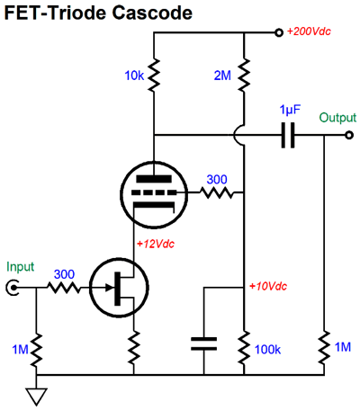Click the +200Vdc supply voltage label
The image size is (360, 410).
[309, 31]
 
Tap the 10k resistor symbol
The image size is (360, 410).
[154, 76]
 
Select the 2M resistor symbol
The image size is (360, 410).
[244, 76]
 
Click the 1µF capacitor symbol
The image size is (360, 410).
[288, 135]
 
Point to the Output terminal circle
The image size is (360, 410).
[349, 135]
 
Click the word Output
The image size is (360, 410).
[337, 118]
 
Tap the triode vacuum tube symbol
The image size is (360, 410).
[154, 195]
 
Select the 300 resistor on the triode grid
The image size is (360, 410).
[217, 192]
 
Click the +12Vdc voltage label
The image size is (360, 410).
[156, 244]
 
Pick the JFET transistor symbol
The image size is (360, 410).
[119, 288]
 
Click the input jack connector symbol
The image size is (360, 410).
[13, 288]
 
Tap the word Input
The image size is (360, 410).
[21, 267]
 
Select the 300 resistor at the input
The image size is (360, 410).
[64, 288]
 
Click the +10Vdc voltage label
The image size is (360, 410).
[268, 286]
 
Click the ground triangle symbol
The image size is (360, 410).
[37, 397]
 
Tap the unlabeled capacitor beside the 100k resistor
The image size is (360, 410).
[204, 343]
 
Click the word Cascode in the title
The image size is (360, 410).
[152, 13]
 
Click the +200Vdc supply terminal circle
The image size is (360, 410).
[279, 32]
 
